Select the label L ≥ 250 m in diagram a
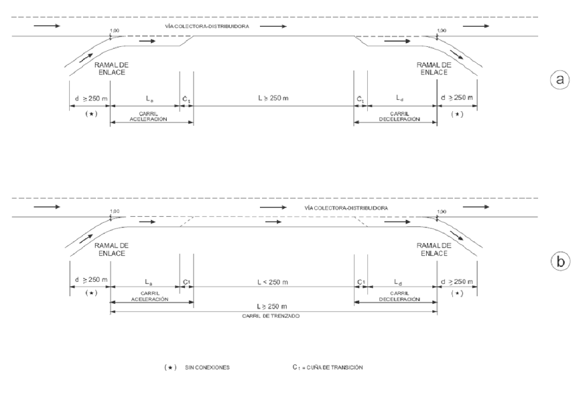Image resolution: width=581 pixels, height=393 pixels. point(274,98)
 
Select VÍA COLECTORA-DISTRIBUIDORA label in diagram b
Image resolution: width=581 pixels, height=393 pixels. point(346,208)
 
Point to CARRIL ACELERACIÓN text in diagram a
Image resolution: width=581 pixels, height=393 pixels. point(152,116)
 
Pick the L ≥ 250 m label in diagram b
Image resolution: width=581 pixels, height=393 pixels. point(274,305)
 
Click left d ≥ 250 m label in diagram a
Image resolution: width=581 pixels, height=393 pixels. point(90,98)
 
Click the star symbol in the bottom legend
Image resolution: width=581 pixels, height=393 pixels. point(170,368)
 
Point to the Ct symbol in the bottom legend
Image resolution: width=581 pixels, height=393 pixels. point(297,368)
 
